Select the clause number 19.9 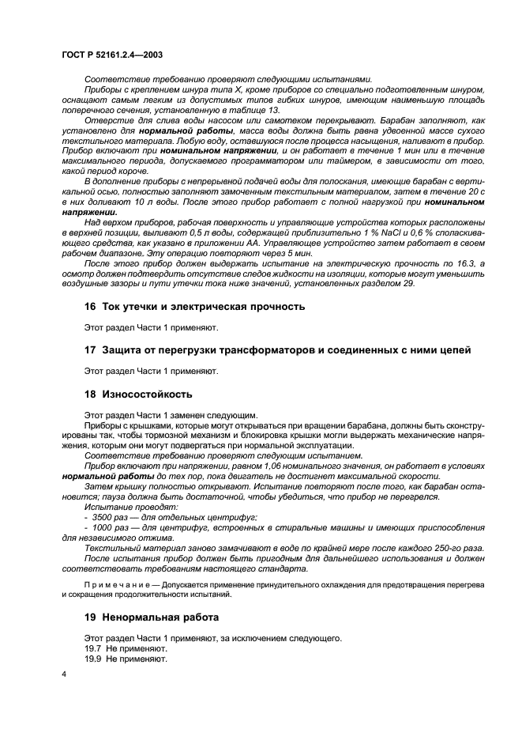tap(93, 658)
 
